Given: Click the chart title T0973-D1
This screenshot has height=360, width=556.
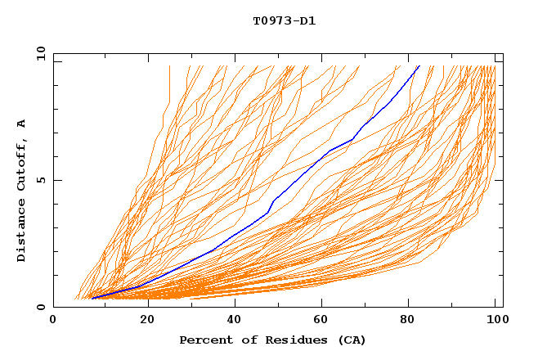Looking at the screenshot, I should click(x=284, y=20).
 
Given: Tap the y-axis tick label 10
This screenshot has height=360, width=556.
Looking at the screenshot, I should click(x=40, y=53).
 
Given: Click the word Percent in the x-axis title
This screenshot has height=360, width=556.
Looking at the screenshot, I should click(x=203, y=340).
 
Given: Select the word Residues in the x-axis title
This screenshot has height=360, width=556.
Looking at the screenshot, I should click(x=291, y=340).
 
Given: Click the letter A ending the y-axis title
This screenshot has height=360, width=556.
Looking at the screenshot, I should click(x=22, y=123).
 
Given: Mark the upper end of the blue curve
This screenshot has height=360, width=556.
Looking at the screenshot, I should click(x=419, y=66).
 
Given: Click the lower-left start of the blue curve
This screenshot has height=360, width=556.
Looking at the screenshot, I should click(x=92, y=298).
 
